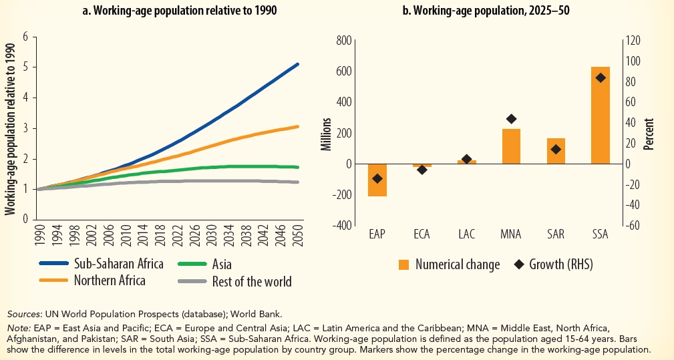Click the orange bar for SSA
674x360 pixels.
pos(600,116)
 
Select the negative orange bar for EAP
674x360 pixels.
pos(377,180)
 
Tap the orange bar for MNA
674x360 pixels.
pos(511,146)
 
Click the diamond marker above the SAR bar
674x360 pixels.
pos(556,150)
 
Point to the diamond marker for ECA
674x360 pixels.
pos(422,170)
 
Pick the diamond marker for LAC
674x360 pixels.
pos(467,159)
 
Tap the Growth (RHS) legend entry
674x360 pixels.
pos(552,264)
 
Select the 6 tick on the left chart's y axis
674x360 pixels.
pos(25,36)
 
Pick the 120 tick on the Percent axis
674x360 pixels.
pos(632,41)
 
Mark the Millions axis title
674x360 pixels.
pos(327,134)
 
